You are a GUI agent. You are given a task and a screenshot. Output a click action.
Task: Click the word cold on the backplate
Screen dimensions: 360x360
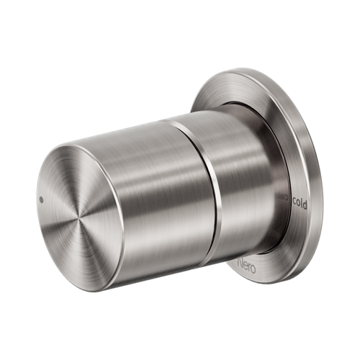point(300,204)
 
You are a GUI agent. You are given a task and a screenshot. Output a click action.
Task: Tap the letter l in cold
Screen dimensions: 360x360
point(304,203)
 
